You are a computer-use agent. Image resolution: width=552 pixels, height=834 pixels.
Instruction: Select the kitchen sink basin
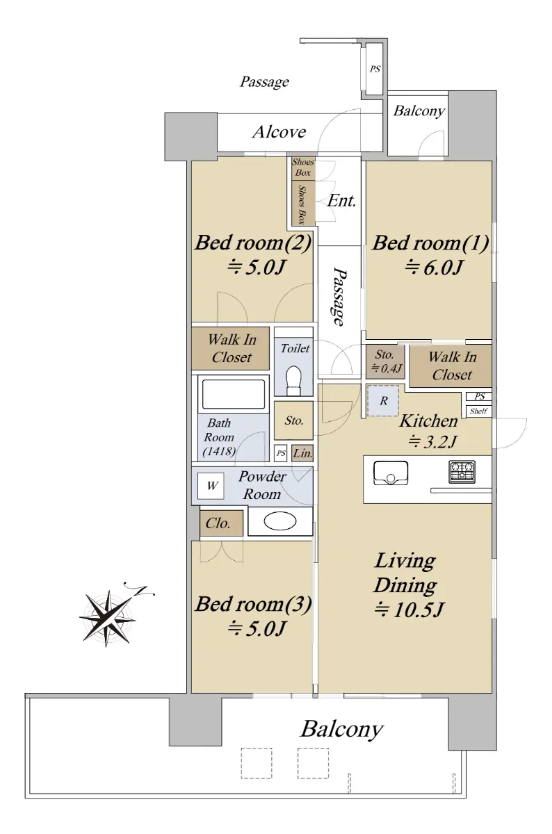pos(390,473)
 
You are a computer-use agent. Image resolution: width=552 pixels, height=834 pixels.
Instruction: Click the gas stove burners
pos(462,472)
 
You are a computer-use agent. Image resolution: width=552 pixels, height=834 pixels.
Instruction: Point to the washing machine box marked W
pos(211,486)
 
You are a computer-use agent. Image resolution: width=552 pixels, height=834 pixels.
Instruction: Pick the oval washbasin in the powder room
pos(280,522)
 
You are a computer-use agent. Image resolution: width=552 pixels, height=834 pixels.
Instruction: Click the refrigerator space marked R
pos(383,400)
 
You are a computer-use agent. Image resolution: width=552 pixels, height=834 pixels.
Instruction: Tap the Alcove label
pos(279,132)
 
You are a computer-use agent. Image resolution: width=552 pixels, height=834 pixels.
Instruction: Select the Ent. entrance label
pos(341,201)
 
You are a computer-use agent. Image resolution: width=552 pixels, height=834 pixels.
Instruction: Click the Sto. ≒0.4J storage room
pos(385,361)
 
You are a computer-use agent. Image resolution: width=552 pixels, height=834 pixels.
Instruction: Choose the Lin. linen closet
pos(302,453)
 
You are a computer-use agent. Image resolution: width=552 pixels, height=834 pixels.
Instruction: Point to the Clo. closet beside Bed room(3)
pos(221,523)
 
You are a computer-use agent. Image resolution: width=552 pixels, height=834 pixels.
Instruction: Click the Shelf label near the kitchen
pos(478,411)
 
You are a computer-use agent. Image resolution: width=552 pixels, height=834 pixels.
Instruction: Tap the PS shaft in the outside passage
pos(375,69)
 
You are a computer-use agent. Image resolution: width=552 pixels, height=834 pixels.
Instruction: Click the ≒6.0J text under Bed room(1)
pos(434,268)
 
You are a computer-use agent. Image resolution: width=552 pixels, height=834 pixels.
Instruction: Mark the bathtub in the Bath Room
pos(233,394)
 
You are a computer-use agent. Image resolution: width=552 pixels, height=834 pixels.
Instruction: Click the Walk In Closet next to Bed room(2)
pos(231,348)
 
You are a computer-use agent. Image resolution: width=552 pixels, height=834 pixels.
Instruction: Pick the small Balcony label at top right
pos(419,111)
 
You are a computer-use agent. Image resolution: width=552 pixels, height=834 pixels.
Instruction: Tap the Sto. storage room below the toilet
pos(293,420)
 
